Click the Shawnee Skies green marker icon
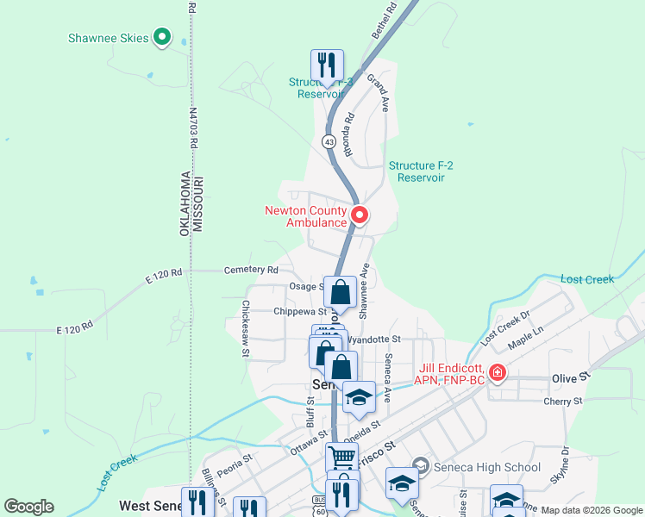[x=161, y=37]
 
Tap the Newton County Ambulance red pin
[x=359, y=215]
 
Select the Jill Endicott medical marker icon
[x=497, y=373]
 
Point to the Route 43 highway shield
[x=329, y=140]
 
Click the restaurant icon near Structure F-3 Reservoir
[x=327, y=65]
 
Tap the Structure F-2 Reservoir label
[x=416, y=171]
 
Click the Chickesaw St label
[x=245, y=328]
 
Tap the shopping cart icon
[x=341, y=458]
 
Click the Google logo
[x=28, y=507]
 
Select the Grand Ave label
[x=378, y=93]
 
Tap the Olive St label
[x=570, y=377]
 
